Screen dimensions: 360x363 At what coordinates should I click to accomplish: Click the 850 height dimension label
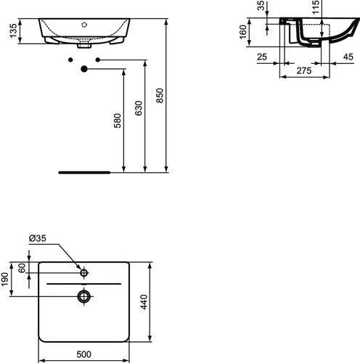pos(160,96)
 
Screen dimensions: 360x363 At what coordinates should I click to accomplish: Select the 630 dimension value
pos(139,108)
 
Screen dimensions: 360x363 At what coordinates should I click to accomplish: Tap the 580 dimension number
pos(118,121)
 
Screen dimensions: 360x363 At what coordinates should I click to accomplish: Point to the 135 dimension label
pos(14,30)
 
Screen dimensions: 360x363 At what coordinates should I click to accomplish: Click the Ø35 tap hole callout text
pos(38,238)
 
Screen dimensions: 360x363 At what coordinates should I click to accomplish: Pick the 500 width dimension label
pos(84,354)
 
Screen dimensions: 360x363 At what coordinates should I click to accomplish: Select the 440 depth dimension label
pos(144,302)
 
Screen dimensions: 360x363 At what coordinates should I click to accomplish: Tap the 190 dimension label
pos(5,279)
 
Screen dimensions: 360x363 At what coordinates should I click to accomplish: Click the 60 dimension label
pos(22,268)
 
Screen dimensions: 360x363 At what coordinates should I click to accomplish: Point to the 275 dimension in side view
pos(304,70)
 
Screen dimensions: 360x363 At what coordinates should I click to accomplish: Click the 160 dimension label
pos(242,32)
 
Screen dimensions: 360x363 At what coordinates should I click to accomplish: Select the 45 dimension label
pos(348,57)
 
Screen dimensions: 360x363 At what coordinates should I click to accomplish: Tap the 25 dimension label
pos(262,57)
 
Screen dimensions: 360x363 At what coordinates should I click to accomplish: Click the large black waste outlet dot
pos(84,69)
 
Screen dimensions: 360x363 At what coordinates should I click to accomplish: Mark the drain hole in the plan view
pos(84,296)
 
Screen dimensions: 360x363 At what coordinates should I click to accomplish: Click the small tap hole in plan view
pos(84,273)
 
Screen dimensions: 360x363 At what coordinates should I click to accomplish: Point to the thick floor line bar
pos(84,173)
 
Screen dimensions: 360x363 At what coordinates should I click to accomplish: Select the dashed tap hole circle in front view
pos(84,25)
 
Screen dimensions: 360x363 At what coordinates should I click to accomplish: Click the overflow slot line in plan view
pos(84,284)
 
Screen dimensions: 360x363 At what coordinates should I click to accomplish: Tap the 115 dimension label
pos(316,7)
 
